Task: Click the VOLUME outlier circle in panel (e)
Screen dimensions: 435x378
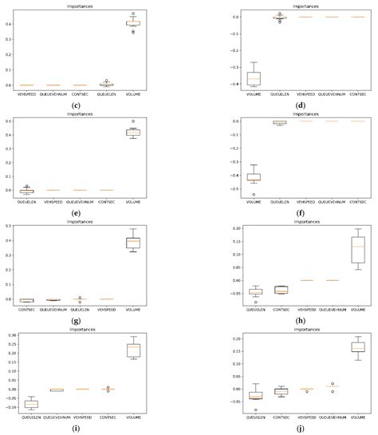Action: coord(133,121)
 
